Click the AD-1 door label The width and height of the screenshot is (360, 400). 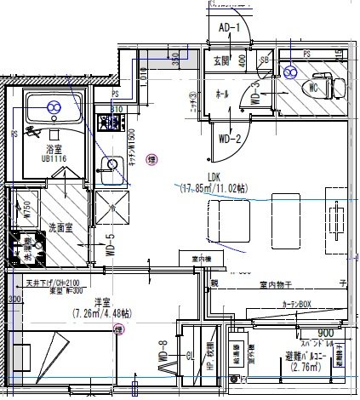[231, 28]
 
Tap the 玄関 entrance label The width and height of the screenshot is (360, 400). [222, 60]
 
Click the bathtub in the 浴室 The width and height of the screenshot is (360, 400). [53, 107]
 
